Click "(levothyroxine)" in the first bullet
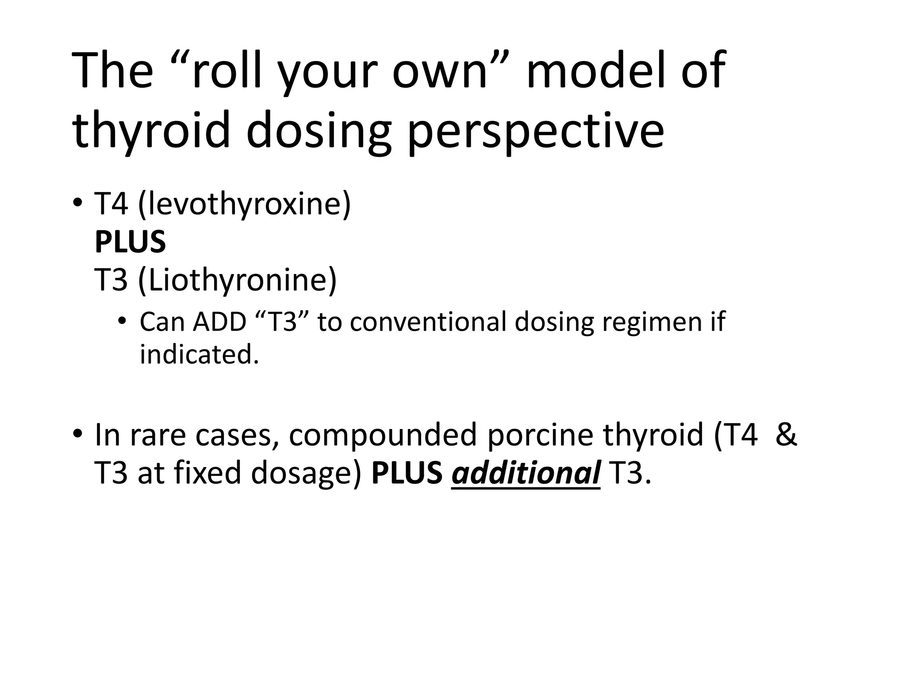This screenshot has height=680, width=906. pos(245,205)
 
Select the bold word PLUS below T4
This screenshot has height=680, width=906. pos(130,242)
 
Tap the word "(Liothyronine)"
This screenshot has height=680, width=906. pos(238,280)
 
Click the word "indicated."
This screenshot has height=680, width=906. pos(199,355)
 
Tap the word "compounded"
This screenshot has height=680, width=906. pos(383,435)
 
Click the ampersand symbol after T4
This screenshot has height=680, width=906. pos(786,435)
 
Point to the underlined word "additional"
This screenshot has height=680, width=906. pos(526,473)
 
